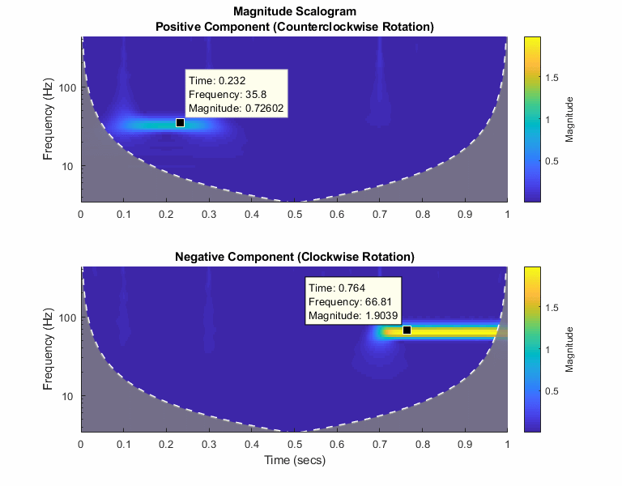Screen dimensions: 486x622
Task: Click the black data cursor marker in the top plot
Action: [181, 122]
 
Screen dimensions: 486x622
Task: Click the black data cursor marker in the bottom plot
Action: [407, 330]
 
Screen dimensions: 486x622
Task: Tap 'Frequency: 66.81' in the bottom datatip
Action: [347, 302]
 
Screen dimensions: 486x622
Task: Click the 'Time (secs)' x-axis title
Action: [294, 460]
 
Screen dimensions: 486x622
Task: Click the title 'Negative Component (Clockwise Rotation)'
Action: [295, 257]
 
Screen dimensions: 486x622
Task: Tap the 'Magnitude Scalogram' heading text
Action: [294, 12]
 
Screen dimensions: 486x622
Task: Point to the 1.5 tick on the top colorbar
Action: [553, 77]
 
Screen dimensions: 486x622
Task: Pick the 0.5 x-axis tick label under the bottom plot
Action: [294, 444]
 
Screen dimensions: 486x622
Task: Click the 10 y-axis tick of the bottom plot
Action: [69, 396]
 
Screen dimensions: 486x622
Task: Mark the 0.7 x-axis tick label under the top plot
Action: [379, 214]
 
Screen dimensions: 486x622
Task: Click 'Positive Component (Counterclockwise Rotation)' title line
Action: [294, 27]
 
